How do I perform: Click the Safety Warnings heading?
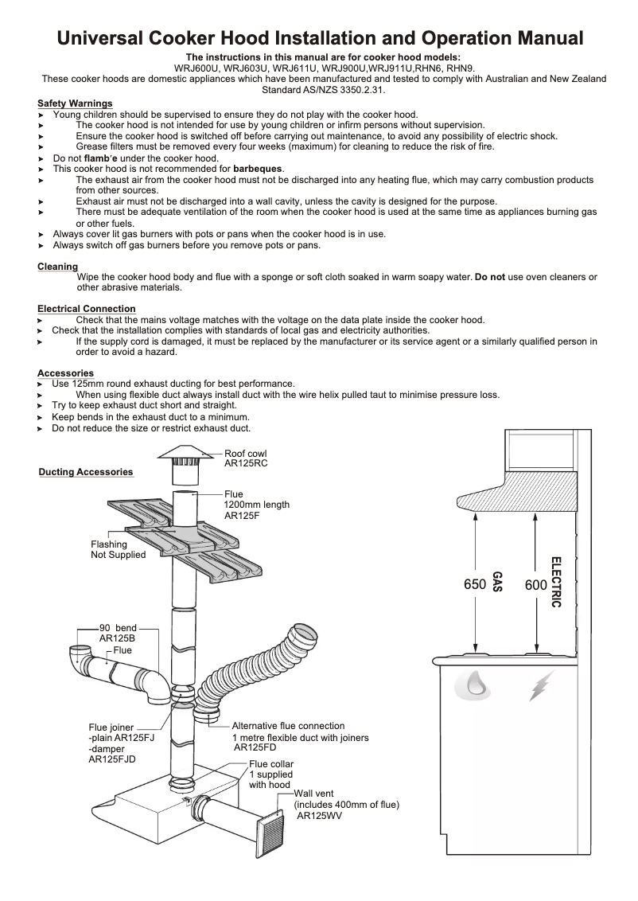point(75,103)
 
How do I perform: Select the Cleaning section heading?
point(57,267)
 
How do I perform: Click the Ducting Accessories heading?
point(86,472)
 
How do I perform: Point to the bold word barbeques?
point(258,169)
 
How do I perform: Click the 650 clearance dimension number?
point(475,585)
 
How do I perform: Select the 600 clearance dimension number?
point(536,585)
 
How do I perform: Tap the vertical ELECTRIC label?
point(556,582)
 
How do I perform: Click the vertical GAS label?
point(497,582)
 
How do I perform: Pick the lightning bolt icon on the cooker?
point(543,686)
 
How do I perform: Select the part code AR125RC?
point(246,464)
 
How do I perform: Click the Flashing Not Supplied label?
point(118,549)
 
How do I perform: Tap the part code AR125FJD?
point(111,759)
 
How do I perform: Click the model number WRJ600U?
point(196,68)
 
